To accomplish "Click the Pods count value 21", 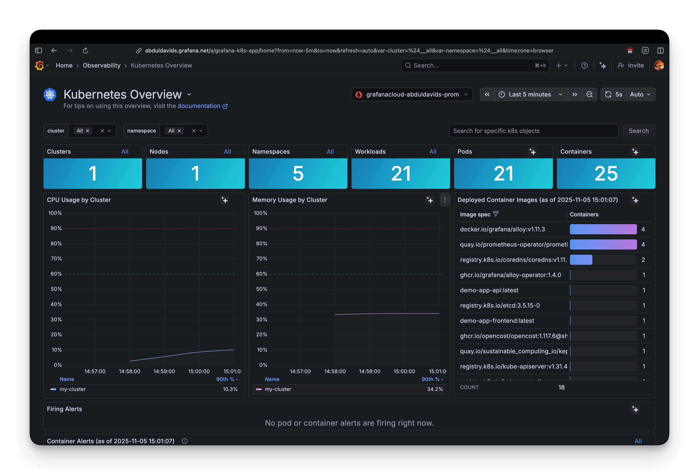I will point(503,174).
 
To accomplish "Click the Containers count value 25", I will point(606,174).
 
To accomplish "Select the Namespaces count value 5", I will point(298,174).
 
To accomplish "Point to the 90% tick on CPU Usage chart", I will point(56,228).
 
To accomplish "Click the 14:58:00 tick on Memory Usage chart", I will point(335,371).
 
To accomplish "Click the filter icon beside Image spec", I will point(496,214).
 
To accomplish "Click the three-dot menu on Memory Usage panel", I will point(444,200).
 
